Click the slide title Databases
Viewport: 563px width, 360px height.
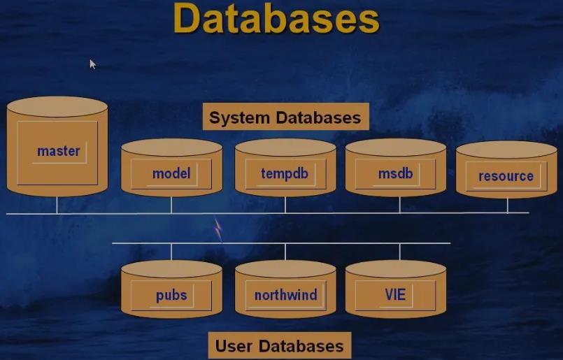point(276,19)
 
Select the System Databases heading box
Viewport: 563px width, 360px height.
point(285,117)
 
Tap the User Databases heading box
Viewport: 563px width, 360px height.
point(279,345)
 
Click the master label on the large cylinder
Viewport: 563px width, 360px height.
point(59,151)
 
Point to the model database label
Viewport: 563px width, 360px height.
point(171,173)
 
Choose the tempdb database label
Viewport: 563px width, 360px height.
point(285,173)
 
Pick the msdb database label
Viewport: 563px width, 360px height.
point(395,173)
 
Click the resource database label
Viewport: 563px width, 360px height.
point(506,176)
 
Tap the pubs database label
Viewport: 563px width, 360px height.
point(171,295)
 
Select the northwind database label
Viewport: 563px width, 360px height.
point(285,295)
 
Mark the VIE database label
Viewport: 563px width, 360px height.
point(395,295)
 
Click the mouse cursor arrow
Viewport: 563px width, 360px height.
point(92,64)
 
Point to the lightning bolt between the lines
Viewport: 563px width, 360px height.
point(218,229)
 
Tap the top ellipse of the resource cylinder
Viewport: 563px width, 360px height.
point(506,150)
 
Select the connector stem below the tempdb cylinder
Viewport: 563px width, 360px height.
point(285,204)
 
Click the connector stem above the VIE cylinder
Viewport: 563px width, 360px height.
point(400,252)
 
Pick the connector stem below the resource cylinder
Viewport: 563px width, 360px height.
point(508,206)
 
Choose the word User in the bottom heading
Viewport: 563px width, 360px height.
point(234,345)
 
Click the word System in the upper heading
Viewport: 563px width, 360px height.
point(238,117)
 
